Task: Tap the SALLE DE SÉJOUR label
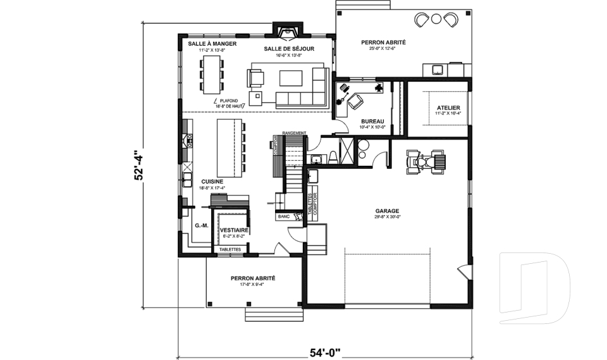point(285,49)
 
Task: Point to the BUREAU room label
point(372,121)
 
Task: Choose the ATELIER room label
point(448,108)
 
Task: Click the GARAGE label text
point(387,211)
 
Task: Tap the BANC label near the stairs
point(283,216)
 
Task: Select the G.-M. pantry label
point(202,225)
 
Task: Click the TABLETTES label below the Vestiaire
point(230,249)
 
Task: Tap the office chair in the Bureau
point(355,101)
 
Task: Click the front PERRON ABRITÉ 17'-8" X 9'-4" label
point(252,278)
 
